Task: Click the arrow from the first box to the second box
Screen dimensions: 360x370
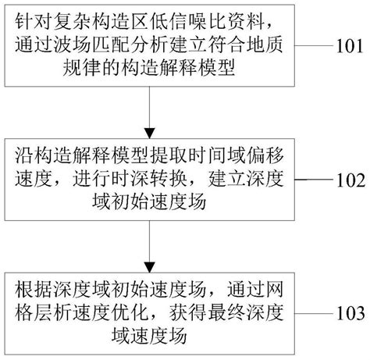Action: (148, 112)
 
